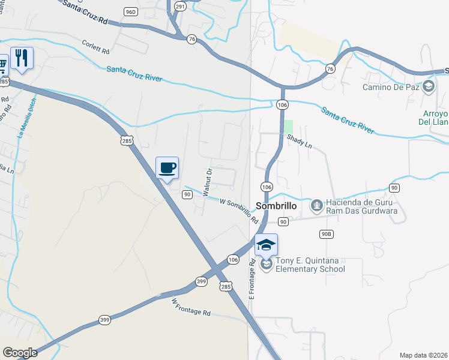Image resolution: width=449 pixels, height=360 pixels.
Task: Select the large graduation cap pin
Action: click(x=266, y=245)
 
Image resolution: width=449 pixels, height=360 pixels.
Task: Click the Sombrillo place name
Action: click(x=277, y=205)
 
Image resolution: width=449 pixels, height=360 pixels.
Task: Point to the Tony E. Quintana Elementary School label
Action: click(x=310, y=265)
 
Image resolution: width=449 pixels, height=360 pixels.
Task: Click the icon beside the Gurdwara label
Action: click(x=316, y=206)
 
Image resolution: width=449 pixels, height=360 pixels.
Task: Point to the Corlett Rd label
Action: click(x=96, y=46)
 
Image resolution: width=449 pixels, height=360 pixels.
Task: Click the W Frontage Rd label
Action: click(x=191, y=307)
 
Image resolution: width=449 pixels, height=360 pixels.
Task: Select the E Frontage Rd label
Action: click(x=252, y=279)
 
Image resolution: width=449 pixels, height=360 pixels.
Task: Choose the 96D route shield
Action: click(x=131, y=11)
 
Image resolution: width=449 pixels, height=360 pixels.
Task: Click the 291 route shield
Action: click(x=181, y=6)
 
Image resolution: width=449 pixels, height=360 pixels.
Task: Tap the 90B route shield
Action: click(x=326, y=234)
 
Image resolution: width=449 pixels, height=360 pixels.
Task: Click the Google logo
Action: click(x=20, y=353)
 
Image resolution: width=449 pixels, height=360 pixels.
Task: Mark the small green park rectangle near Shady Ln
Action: click(x=289, y=127)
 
